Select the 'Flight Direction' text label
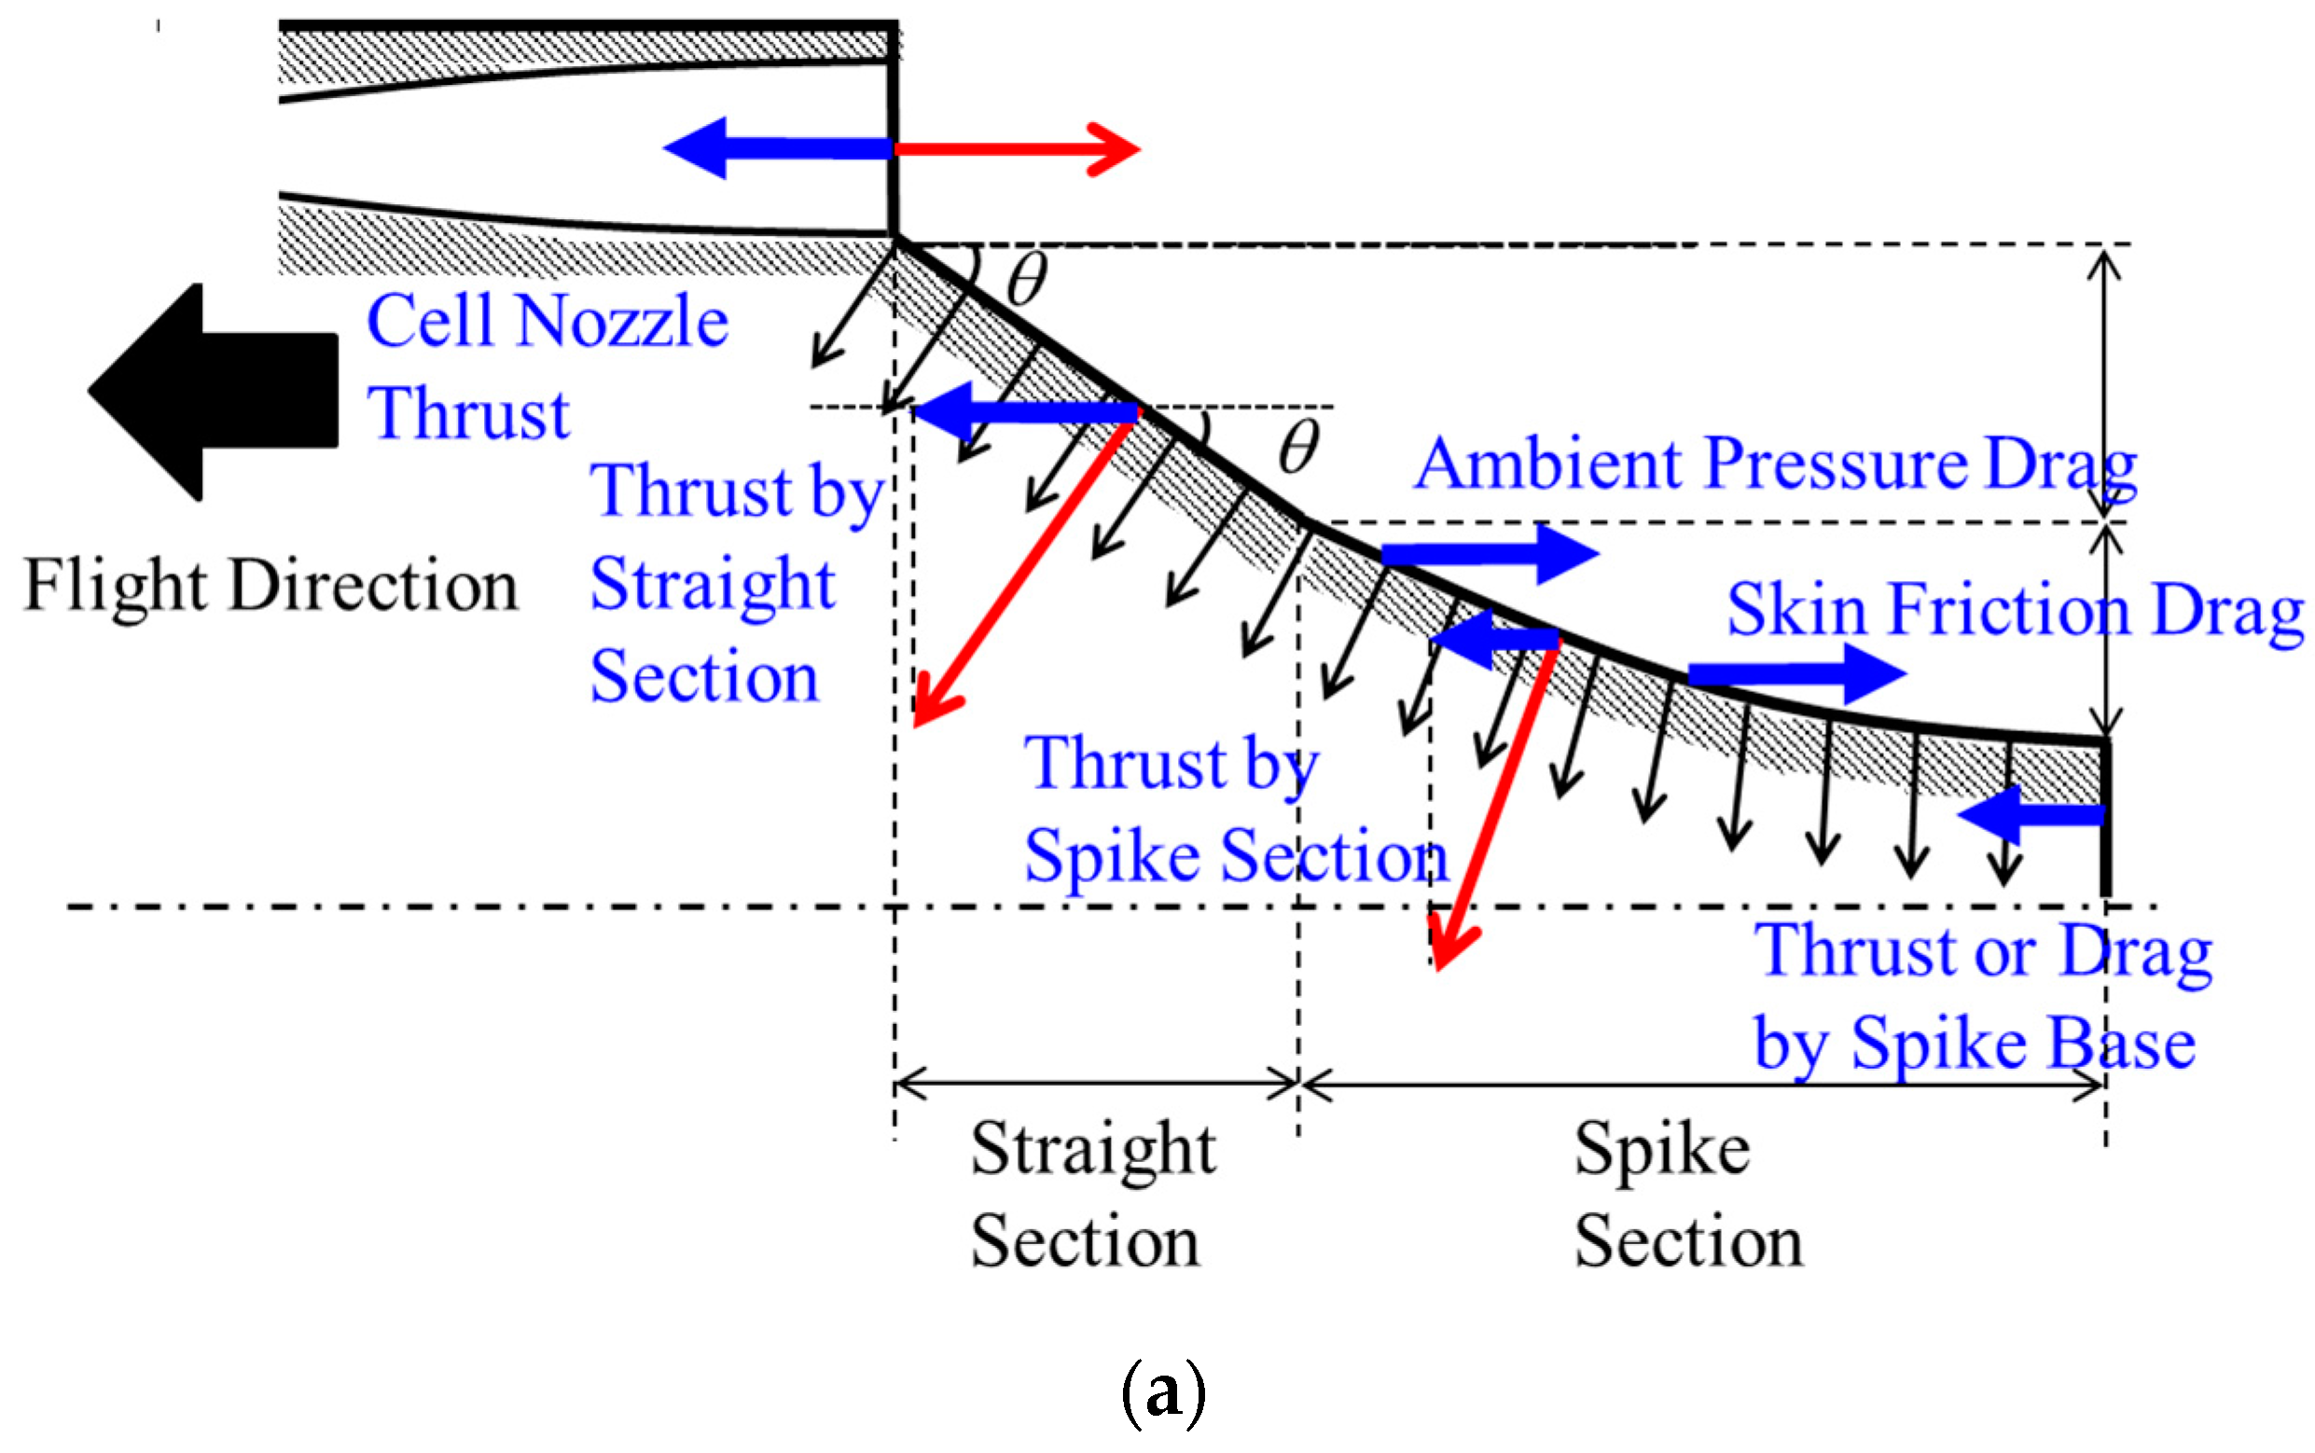tap(270, 586)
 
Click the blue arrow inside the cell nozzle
tap(779, 148)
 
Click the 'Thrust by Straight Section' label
tap(735, 582)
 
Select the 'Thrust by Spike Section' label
tap(1235, 810)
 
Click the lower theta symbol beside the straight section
tap(1298, 448)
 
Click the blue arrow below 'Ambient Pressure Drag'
tap(1489, 554)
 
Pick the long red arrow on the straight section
tap(1024, 572)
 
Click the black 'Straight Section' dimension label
tap(1091, 1194)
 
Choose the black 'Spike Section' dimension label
tap(1688, 1194)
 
